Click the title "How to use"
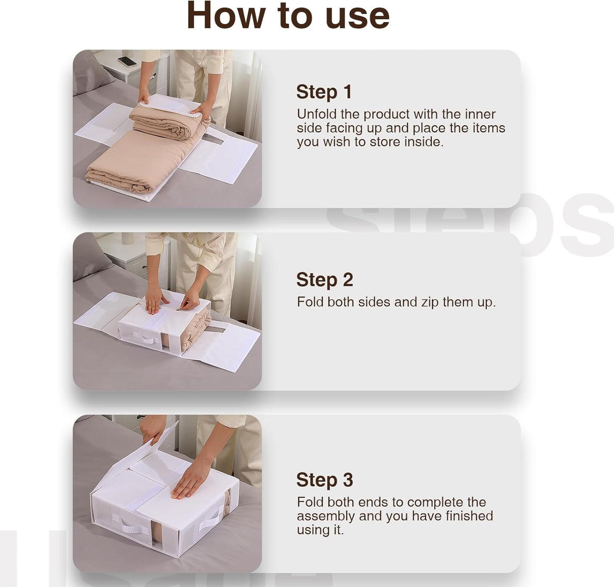(x=288, y=16)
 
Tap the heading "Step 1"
(x=324, y=92)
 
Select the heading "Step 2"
(x=324, y=280)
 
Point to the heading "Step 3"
(x=324, y=480)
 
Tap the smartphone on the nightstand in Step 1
(x=127, y=61)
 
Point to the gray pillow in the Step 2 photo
(x=88, y=257)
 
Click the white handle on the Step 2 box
(x=144, y=339)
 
